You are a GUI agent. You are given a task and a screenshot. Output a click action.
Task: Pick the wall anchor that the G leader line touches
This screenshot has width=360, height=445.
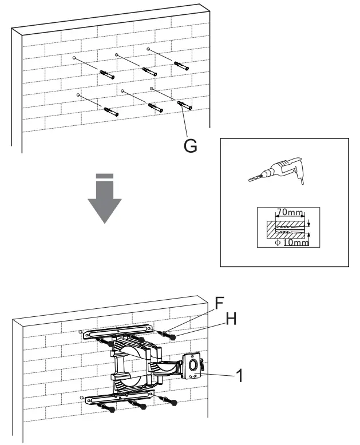[185, 106]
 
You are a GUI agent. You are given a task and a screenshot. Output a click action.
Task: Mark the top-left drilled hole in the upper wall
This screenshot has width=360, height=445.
[75, 58]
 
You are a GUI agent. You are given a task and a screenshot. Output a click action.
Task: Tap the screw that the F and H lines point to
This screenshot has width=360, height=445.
[167, 335]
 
